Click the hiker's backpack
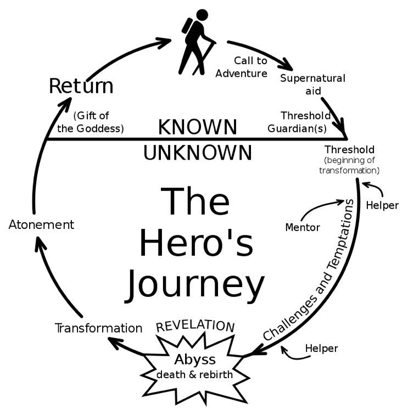187,26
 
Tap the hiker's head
202,15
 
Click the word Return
81,86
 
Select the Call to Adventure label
242,67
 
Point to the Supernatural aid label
313,84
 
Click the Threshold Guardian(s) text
299,122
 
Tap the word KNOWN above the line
198,127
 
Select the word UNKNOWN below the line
198,153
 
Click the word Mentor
303,227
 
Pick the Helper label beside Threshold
382,205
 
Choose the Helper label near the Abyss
321,349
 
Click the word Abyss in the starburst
195,360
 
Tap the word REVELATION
195,326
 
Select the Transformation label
99,328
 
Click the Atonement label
41,224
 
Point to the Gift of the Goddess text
91,122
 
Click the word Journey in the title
195,286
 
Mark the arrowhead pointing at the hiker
164,42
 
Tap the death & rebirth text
194,374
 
